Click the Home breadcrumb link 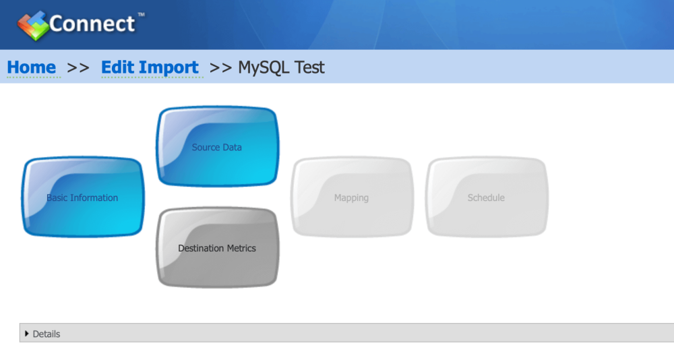click(x=32, y=67)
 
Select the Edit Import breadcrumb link click(x=150, y=67)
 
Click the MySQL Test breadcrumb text click(x=281, y=67)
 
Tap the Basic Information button click(x=83, y=197)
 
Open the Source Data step click(x=218, y=146)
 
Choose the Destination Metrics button click(x=218, y=247)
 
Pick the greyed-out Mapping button click(x=352, y=197)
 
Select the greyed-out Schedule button click(x=487, y=197)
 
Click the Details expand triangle click(x=27, y=334)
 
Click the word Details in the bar click(x=47, y=334)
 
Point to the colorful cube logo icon click(x=32, y=26)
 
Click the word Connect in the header click(x=92, y=24)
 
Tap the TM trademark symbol click(x=141, y=15)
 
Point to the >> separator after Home click(x=78, y=68)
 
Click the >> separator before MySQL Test click(x=220, y=68)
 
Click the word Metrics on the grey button click(x=241, y=248)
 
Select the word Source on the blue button click(x=206, y=148)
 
